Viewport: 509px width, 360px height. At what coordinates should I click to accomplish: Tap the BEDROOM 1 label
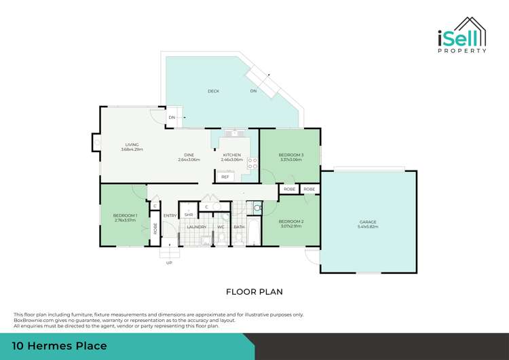(x=125, y=216)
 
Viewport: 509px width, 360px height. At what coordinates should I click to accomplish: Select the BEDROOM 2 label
(x=290, y=221)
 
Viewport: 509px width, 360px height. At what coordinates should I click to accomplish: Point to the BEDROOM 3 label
(x=291, y=155)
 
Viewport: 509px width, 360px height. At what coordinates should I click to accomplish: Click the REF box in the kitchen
(x=225, y=177)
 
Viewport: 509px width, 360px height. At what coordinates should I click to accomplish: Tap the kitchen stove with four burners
(x=252, y=163)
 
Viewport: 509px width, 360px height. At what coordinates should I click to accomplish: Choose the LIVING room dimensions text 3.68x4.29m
(x=132, y=149)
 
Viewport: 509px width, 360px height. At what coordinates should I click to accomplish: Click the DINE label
(x=189, y=155)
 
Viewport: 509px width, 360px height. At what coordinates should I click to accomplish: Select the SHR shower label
(x=189, y=215)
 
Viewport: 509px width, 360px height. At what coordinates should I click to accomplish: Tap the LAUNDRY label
(x=197, y=227)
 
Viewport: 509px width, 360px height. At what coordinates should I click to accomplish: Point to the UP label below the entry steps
(x=169, y=262)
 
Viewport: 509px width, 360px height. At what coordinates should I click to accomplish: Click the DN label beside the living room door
(x=172, y=118)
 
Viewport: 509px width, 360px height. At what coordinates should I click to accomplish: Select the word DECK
(x=212, y=90)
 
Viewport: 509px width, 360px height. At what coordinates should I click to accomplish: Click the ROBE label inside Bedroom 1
(x=155, y=228)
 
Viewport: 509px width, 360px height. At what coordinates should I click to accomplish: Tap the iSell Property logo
(x=460, y=35)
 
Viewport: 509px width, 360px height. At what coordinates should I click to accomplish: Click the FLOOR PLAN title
(x=254, y=291)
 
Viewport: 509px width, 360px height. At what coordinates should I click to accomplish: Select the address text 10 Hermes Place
(x=60, y=346)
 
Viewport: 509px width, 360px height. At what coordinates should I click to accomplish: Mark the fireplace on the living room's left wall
(x=96, y=143)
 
